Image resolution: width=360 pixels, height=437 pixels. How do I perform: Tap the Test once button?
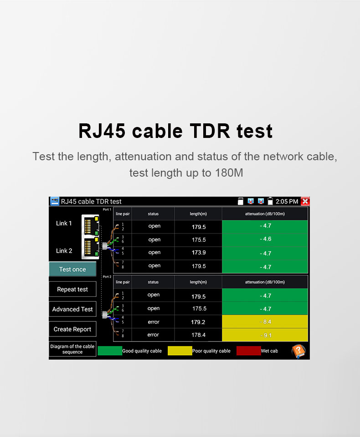tap(72, 269)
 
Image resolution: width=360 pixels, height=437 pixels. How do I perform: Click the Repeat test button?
tap(72, 289)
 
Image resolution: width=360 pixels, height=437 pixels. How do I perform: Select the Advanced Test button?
tap(72, 309)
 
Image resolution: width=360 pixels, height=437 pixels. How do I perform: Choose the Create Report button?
tap(72, 329)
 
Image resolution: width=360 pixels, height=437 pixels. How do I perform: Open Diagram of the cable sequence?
tap(72, 349)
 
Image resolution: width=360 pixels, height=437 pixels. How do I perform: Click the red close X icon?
tap(305, 201)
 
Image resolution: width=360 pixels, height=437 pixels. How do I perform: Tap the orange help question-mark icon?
tap(298, 351)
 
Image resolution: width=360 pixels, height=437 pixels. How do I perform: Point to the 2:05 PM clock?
tap(287, 202)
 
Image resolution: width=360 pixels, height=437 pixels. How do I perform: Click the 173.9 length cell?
tap(198, 253)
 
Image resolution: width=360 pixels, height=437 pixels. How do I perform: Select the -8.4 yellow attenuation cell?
tap(265, 322)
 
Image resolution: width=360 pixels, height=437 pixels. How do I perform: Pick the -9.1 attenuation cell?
tap(265, 335)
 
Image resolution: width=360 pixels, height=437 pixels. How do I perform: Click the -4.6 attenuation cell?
tap(265, 239)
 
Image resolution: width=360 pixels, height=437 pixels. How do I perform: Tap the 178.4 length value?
tap(198, 335)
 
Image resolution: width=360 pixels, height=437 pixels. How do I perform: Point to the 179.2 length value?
tap(198, 322)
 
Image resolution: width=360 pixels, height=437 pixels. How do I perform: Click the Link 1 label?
tap(64, 223)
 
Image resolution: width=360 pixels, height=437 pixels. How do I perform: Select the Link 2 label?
tap(64, 251)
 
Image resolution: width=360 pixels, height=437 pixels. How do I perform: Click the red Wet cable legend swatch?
tap(249, 351)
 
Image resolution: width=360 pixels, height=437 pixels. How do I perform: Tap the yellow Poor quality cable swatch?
tap(180, 351)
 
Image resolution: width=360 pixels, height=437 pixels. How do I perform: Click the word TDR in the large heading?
tap(210, 131)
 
